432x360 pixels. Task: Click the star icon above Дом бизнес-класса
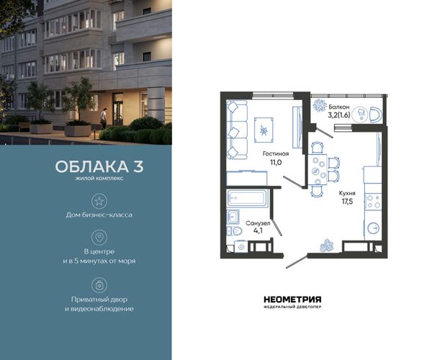[99, 201]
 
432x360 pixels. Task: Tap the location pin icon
[99, 238]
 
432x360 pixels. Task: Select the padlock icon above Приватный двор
[99, 285]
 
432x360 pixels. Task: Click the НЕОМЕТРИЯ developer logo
[292, 302]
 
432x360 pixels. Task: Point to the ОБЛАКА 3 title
[99, 166]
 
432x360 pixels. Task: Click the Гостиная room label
[276, 153]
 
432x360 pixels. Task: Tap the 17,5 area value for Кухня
[347, 202]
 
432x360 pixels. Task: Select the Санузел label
[258, 223]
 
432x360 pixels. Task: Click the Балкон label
[339, 107]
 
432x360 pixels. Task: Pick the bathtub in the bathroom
[247, 198]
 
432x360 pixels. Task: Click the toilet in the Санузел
[235, 231]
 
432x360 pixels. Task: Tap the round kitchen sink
[373, 228]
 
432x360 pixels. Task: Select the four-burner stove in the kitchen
[373, 202]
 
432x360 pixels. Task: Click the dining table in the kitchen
[318, 169]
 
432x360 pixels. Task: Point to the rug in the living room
[264, 130]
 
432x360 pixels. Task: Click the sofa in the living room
[237, 130]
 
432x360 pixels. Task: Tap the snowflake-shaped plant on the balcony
[319, 106]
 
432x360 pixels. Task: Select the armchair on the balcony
[376, 115]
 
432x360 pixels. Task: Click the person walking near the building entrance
[103, 118]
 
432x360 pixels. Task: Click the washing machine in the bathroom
[241, 246]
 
